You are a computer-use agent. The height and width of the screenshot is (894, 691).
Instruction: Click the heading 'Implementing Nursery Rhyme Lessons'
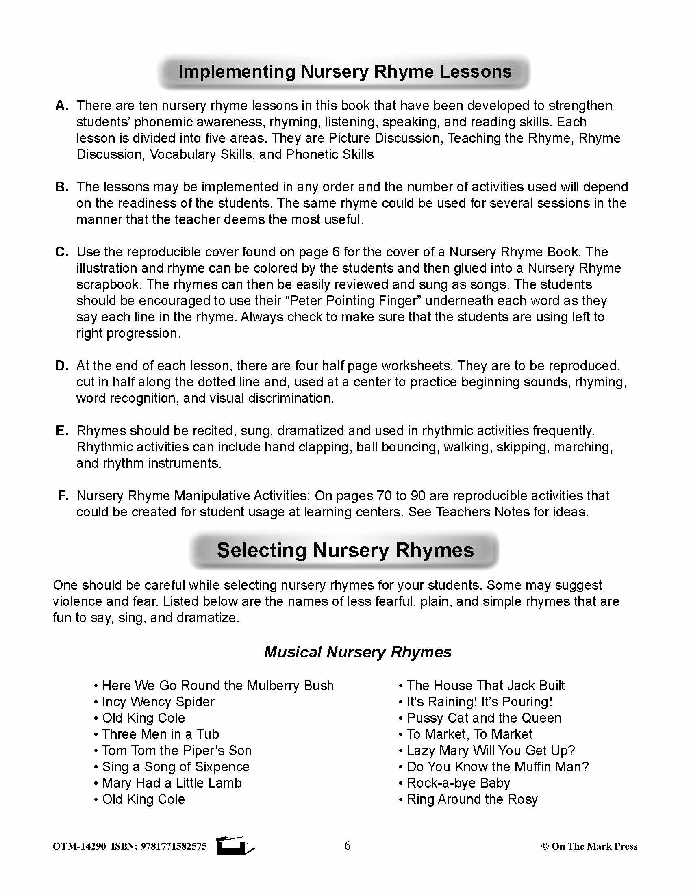pyautogui.click(x=345, y=72)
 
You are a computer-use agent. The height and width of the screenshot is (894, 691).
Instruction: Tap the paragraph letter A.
pyautogui.click(x=62, y=106)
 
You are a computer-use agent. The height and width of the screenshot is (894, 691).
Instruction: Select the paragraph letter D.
pyautogui.click(x=62, y=366)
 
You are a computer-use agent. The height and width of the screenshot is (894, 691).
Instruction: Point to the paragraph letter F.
pyautogui.click(x=63, y=496)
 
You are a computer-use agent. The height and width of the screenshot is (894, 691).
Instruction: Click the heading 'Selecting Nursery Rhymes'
pyautogui.click(x=345, y=550)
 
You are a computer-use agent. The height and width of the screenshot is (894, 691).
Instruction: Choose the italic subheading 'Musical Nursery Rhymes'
pyautogui.click(x=357, y=652)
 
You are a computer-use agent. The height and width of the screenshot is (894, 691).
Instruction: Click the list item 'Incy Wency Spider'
pyautogui.click(x=158, y=702)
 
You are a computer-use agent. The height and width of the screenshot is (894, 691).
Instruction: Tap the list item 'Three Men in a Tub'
pyautogui.click(x=160, y=734)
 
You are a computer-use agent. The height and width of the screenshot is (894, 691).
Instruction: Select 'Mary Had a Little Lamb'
pyautogui.click(x=172, y=783)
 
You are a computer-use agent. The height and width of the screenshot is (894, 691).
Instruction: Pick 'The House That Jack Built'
pyautogui.click(x=485, y=685)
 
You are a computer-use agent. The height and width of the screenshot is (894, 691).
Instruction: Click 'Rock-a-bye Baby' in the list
pyautogui.click(x=458, y=783)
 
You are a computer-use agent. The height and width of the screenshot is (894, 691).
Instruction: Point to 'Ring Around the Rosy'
pyautogui.click(x=472, y=799)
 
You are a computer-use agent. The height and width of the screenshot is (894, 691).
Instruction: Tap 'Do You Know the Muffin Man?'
pyautogui.click(x=498, y=766)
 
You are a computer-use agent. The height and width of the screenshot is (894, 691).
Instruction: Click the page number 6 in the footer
pyautogui.click(x=347, y=845)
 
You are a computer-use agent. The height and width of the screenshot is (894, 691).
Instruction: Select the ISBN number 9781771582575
pyautogui.click(x=173, y=846)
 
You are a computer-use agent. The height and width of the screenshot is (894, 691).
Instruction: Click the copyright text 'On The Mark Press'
pyautogui.click(x=594, y=846)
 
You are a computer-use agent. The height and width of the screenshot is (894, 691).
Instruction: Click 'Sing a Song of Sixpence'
pyautogui.click(x=175, y=766)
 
